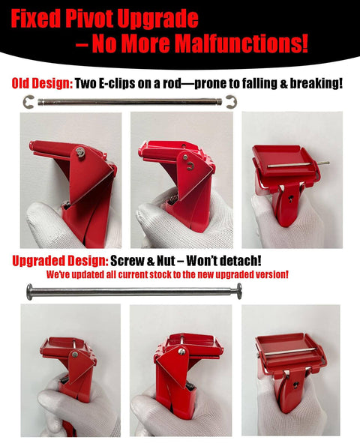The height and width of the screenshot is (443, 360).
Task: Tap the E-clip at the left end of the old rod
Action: click(29, 102)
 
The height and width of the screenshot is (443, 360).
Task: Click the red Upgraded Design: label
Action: click(59, 262)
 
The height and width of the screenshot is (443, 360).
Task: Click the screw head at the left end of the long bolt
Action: click(30, 292)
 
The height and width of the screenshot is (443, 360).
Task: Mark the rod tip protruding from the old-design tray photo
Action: click(325, 161)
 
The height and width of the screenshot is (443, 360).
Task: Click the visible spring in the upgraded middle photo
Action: click(189, 388)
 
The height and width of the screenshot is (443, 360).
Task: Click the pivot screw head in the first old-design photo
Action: click(79, 154)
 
